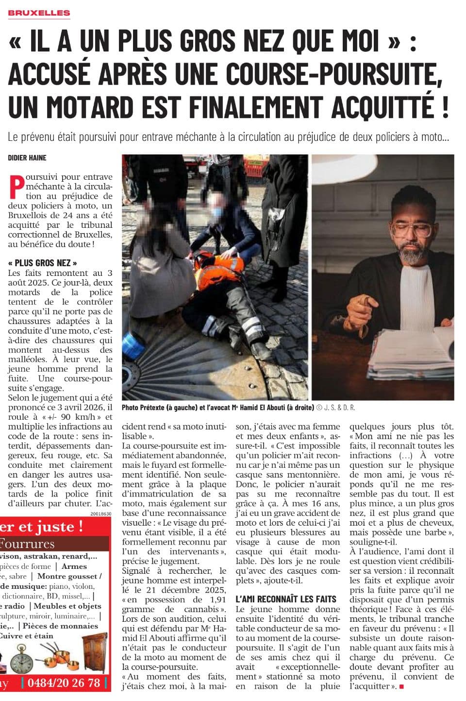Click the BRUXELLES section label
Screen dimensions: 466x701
tap(39, 13)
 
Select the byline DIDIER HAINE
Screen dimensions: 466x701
tap(27, 157)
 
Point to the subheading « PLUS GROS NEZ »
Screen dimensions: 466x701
tap(43, 263)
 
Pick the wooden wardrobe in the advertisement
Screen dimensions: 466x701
tap(97, 653)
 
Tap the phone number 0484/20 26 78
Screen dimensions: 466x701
tap(64, 683)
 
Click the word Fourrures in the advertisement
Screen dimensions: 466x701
tap(28, 544)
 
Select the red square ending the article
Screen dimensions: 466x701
tap(401, 686)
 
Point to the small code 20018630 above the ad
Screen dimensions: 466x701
tap(101, 513)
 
